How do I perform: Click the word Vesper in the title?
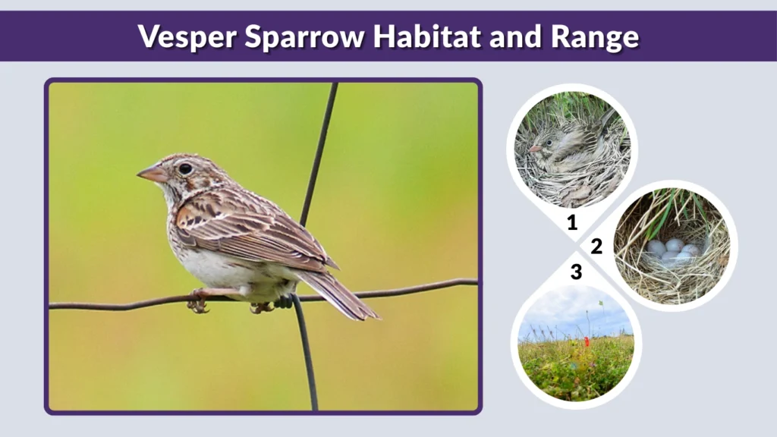(179, 36)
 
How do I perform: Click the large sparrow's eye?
(185, 168)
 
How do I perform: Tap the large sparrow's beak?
(152, 174)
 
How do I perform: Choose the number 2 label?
(596, 246)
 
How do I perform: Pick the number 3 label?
(576, 271)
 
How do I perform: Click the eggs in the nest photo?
(672, 250)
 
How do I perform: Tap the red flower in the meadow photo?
(586, 342)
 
